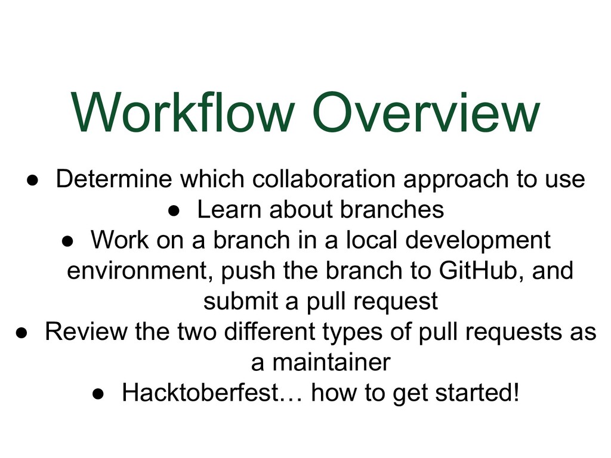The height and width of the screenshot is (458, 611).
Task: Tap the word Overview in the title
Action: [426, 113]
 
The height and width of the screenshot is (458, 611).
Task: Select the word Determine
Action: [115, 179]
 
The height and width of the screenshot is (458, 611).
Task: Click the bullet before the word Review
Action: [21, 333]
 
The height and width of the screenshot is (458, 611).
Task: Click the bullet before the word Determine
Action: [32, 180]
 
